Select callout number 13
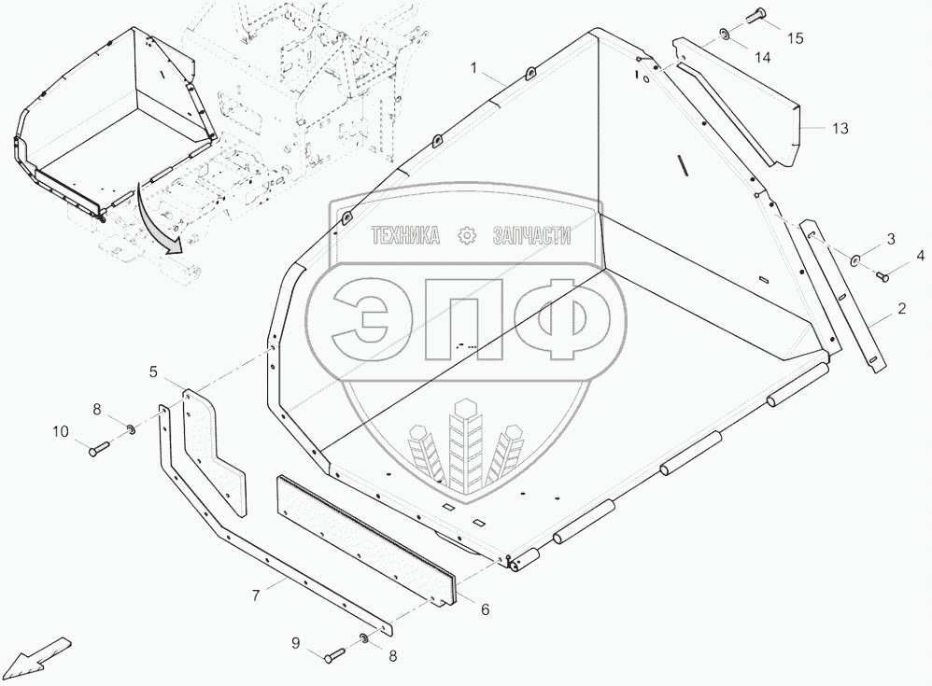point(840,129)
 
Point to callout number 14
point(763,59)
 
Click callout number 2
point(901,308)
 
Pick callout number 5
point(152,371)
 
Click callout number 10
point(61,431)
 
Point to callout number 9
point(296,642)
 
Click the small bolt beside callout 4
point(883,275)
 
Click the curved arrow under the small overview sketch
point(156,220)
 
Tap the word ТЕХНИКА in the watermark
point(405,237)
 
